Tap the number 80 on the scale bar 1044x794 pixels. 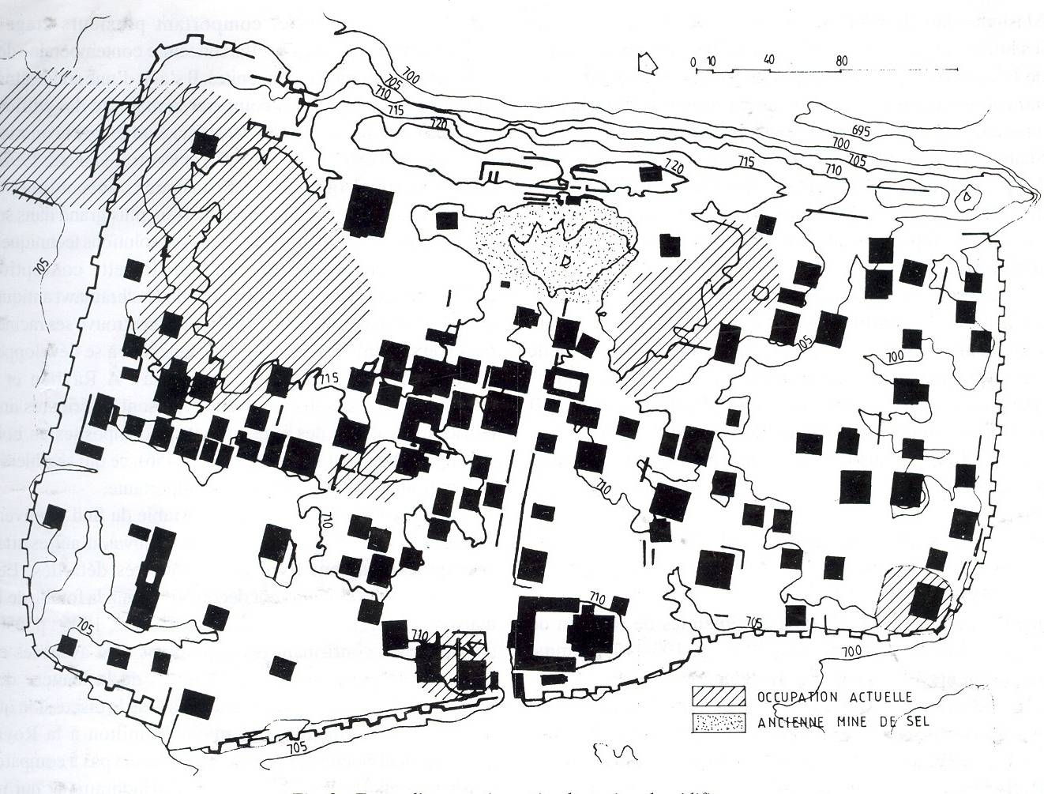pyautogui.click(x=841, y=60)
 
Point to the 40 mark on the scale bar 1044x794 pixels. pyautogui.click(x=771, y=61)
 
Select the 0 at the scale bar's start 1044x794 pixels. pyautogui.click(x=692, y=61)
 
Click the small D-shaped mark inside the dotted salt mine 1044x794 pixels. pyautogui.click(x=564, y=260)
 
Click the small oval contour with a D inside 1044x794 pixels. pyautogui.click(x=965, y=198)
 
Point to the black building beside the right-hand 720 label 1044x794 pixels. pyautogui.click(x=651, y=174)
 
